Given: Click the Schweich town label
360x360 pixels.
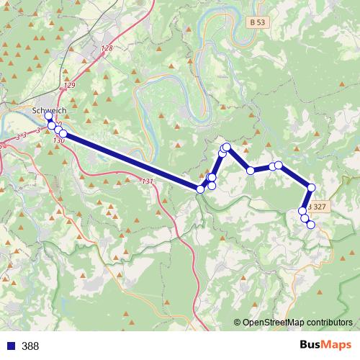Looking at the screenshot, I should [50, 109].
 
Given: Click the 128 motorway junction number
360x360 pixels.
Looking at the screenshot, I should [107, 48].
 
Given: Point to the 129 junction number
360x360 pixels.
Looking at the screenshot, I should [69, 86].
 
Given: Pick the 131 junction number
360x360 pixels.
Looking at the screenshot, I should [148, 181].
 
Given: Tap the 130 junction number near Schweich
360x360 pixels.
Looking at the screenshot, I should [59, 140].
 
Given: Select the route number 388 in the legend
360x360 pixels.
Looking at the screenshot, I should [30, 346].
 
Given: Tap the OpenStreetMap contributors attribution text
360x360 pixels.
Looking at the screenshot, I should [297, 323].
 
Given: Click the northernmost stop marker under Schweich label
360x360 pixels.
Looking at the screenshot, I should [48, 116].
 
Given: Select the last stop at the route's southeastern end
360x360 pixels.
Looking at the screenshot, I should [311, 225].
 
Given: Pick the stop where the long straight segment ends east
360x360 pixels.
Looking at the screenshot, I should [200, 189].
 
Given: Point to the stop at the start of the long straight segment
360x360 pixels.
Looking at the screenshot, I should [63, 134].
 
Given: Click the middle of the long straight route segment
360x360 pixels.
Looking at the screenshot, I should [132, 161].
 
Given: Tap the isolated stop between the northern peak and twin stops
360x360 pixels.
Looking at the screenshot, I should [251, 171].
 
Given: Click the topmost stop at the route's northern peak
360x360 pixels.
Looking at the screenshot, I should [227, 148].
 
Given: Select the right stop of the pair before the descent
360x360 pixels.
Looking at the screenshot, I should [279, 166].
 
